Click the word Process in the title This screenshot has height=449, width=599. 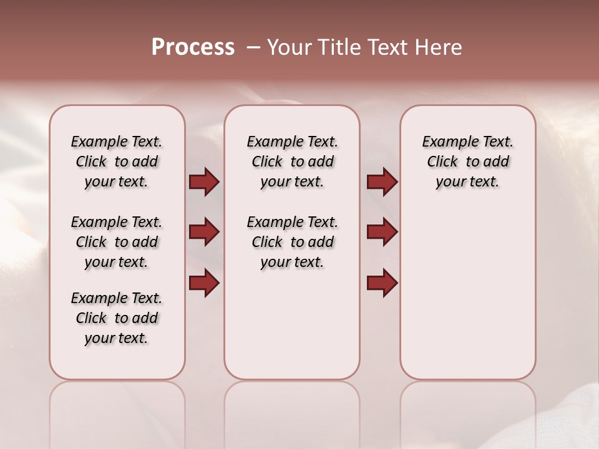(193, 47)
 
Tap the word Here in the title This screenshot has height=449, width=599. (439, 47)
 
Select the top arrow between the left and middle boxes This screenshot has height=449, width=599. (204, 182)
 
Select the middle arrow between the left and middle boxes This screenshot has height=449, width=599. (204, 232)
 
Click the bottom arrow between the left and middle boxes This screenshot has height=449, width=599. (204, 282)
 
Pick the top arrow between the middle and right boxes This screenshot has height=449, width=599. (382, 182)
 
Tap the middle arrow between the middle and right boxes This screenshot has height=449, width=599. (382, 232)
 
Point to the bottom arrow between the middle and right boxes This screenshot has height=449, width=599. (382, 282)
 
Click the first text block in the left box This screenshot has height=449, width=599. (117, 162)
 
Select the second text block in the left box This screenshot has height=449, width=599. (117, 242)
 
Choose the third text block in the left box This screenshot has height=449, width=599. (117, 318)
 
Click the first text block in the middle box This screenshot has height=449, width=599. (292, 162)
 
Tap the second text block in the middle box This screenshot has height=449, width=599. (292, 242)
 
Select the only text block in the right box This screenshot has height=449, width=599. (467, 162)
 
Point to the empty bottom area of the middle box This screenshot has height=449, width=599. (292, 331)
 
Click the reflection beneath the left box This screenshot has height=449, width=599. (117, 412)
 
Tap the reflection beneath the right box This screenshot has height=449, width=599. (467, 412)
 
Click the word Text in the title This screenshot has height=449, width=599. (386, 47)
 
